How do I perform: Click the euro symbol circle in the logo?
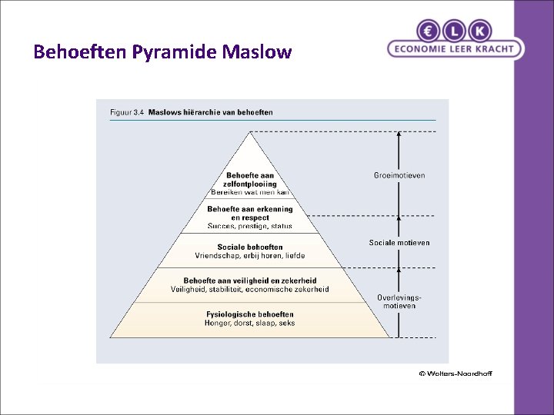point(429,30)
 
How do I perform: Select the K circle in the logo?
point(481,30)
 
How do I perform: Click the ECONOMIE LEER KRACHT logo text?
point(456,48)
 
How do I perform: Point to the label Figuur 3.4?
point(127,112)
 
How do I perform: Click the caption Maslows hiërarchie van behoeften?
point(210,112)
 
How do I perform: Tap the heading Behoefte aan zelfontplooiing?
point(250,180)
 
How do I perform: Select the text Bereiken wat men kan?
point(250,192)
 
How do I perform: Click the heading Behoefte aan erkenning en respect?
point(250,213)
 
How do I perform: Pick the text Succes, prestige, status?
point(250,226)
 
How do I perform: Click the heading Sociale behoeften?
point(250,247)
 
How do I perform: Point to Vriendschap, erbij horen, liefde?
point(250,256)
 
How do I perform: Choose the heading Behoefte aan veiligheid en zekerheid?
point(250,281)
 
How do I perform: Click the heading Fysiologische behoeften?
point(250,314)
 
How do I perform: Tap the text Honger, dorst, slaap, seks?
point(250,324)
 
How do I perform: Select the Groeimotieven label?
point(399,175)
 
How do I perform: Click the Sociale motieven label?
point(399,243)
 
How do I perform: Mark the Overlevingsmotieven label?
point(399,301)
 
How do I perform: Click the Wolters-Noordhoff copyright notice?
point(455,373)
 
